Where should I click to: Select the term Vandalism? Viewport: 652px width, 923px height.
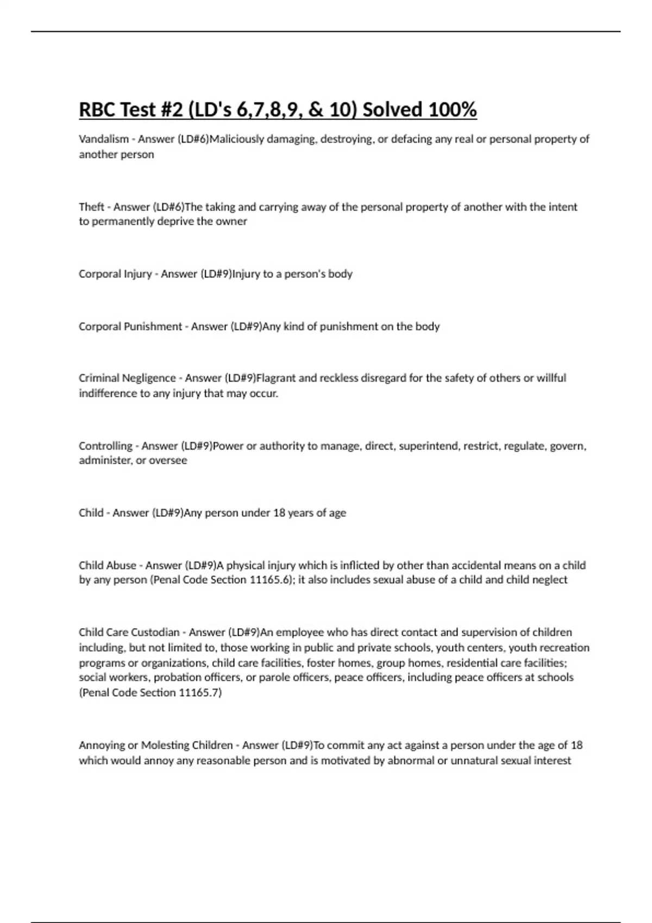[104, 139]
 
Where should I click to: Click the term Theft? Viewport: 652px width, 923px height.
[91, 207]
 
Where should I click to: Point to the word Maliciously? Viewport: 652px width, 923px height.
[237, 139]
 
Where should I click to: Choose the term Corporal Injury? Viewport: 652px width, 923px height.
[115, 274]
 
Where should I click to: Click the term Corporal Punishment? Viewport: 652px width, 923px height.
[130, 326]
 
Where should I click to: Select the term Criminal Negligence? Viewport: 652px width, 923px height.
[127, 378]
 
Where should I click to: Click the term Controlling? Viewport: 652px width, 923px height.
[105, 446]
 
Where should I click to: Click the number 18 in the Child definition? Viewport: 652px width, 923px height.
[279, 513]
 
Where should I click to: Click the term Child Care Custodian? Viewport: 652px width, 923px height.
[129, 633]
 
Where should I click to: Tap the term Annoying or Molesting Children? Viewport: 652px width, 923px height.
[155, 745]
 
